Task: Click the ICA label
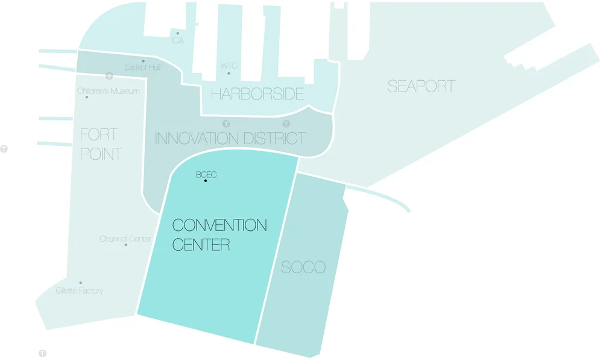(x=178, y=40)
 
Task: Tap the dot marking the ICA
(x=177, y=33)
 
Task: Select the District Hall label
(x=143, y=68)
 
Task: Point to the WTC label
(x=229, y=65)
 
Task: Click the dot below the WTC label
(x=229, y=74)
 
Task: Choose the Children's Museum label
(x=109, y=91)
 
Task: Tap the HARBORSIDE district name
(x=257, y=94)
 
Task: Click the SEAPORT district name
(x=421, y=86)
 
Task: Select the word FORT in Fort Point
(x=99, y=134)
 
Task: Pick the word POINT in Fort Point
(x=101, y=154)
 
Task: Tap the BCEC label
(x=206, y=175)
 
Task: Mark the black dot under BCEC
(x=206, y=181)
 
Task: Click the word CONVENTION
(x=219, y=226)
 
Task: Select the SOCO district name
(x=303, y=267)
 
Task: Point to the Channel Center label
(x=125, y=239)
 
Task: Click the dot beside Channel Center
(x=125, y=245)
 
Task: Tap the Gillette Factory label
(x=80, y=291)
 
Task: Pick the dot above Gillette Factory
(x=80, y=283)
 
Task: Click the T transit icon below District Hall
(x=109, y=76)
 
